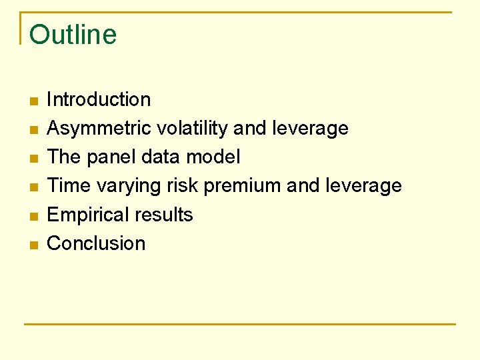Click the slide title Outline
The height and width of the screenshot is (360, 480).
[x=73, y=35]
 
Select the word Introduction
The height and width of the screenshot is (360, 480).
[x=99, y=99]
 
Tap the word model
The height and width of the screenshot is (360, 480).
[x=215, y=157]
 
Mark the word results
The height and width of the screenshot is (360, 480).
[x=167, y=215]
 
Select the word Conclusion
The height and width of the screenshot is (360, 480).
[x=96, y=243]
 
